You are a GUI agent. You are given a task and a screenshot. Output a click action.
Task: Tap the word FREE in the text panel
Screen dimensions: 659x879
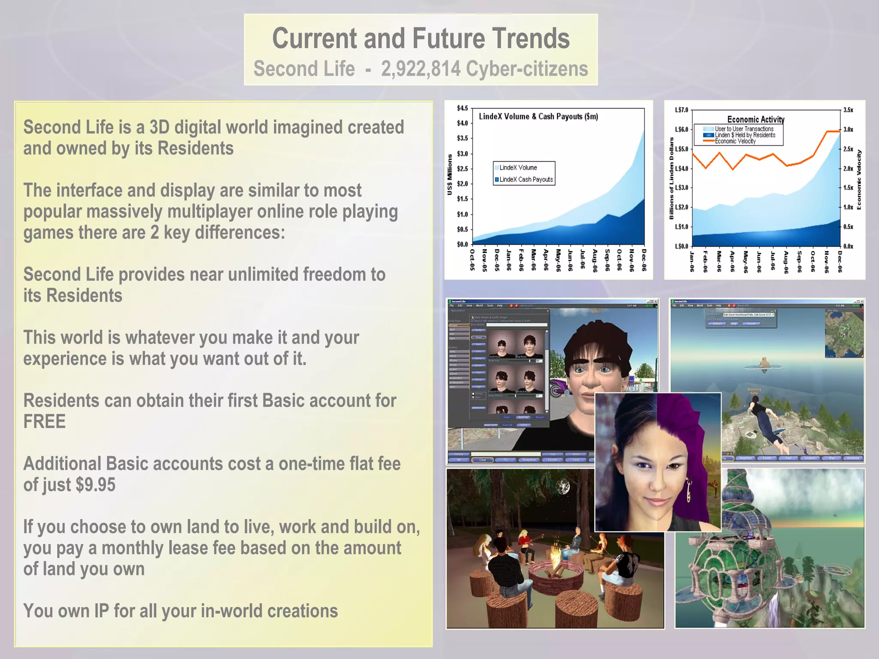coord(44,422)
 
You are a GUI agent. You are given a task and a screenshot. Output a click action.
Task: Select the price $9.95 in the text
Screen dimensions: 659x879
coord(95,485)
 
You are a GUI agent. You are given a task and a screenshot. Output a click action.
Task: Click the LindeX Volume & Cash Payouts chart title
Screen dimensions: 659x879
coord(538,116)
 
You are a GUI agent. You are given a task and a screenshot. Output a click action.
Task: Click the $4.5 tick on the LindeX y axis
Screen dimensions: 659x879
coord(462,108)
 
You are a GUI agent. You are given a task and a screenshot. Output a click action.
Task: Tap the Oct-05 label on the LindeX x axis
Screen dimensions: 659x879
coord(472,260)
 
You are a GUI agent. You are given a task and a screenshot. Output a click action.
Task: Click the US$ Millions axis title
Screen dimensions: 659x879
coord(450,175)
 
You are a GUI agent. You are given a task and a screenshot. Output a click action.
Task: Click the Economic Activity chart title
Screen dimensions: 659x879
coord(755,120)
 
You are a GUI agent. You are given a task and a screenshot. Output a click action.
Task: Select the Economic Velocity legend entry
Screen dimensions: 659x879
coord(735,141)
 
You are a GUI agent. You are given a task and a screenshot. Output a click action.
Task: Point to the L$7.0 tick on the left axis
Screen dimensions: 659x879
coord(681,110)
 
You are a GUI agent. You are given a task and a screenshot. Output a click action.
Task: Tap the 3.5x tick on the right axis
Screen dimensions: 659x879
coord(848,110)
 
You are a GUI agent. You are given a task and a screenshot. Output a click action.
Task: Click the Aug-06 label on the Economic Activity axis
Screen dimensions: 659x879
coord(786,262)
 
